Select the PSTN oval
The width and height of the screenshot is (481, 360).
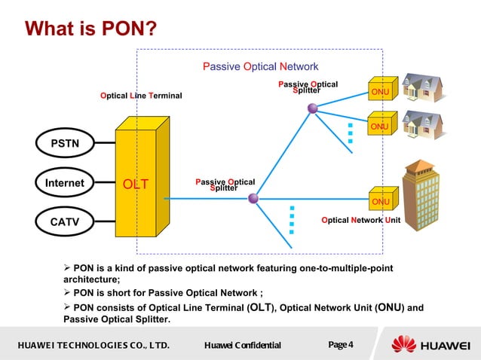point(64,143)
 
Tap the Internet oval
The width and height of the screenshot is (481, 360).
point(64,182)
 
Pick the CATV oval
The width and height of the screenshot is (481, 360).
point(64,221)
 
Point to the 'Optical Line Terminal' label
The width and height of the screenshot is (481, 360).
point(141,96)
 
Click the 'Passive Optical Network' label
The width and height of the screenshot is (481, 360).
point(260,67)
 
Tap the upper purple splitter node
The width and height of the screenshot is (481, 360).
point(312,109)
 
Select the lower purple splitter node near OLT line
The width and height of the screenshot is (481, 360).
point(253,198)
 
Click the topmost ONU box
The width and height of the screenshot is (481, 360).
point(380,92)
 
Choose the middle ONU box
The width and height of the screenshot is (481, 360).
point(380,127)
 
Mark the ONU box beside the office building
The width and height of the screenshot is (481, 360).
point(381,201)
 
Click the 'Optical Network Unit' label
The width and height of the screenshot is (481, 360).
point(360,220)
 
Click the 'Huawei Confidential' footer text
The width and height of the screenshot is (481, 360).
point(242,346)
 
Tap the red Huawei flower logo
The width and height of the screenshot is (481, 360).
point(404,345)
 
